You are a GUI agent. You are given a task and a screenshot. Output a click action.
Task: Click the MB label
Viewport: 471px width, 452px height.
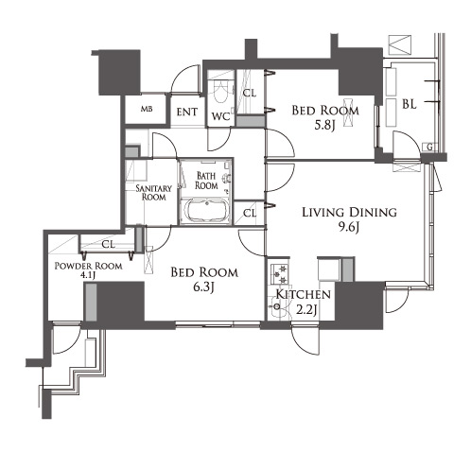tap(147, 109)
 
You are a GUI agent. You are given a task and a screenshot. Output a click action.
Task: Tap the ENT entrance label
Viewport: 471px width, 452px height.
tap(187, 112)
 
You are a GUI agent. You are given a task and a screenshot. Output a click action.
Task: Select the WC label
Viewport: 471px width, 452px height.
tap(220, 116)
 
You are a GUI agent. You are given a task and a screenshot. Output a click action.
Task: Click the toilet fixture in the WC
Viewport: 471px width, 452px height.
tap(220, 91)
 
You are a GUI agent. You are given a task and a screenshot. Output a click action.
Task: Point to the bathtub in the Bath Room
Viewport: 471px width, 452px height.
tap(206, 211)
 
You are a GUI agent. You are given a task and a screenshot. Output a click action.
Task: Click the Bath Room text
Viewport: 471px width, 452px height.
tap(206, 181)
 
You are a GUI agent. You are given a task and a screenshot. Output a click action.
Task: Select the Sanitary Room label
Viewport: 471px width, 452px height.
tap(153, 193)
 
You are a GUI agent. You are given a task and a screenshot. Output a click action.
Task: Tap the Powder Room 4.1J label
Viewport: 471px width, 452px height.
tap(89, 270)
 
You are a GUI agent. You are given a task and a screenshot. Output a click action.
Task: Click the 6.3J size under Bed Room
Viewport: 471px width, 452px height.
tap(204, 287)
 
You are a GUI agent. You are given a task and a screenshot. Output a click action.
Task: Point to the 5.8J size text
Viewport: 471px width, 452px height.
tap(324, 126)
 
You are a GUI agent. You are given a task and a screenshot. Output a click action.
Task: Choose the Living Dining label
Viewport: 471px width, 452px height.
tap(349, 212)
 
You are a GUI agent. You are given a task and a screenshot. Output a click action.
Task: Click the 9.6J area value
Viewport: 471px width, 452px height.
tap(349, 227)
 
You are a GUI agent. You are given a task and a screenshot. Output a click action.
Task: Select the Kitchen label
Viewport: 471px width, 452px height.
tap(304, 295)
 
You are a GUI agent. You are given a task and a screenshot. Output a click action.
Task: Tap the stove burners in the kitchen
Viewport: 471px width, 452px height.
tap(279, 273)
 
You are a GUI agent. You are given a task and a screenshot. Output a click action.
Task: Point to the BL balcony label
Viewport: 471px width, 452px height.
tap(410, 104)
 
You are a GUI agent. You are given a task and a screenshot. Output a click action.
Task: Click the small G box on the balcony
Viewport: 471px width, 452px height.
tap(429, 147)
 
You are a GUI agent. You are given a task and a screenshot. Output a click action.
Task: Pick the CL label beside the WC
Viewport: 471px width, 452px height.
tap(250, 93)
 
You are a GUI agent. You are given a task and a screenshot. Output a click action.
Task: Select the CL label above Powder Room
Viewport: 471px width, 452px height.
tap(108, 244)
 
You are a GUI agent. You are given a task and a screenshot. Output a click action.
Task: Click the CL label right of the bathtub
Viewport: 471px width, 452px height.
tap(250, 214)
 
